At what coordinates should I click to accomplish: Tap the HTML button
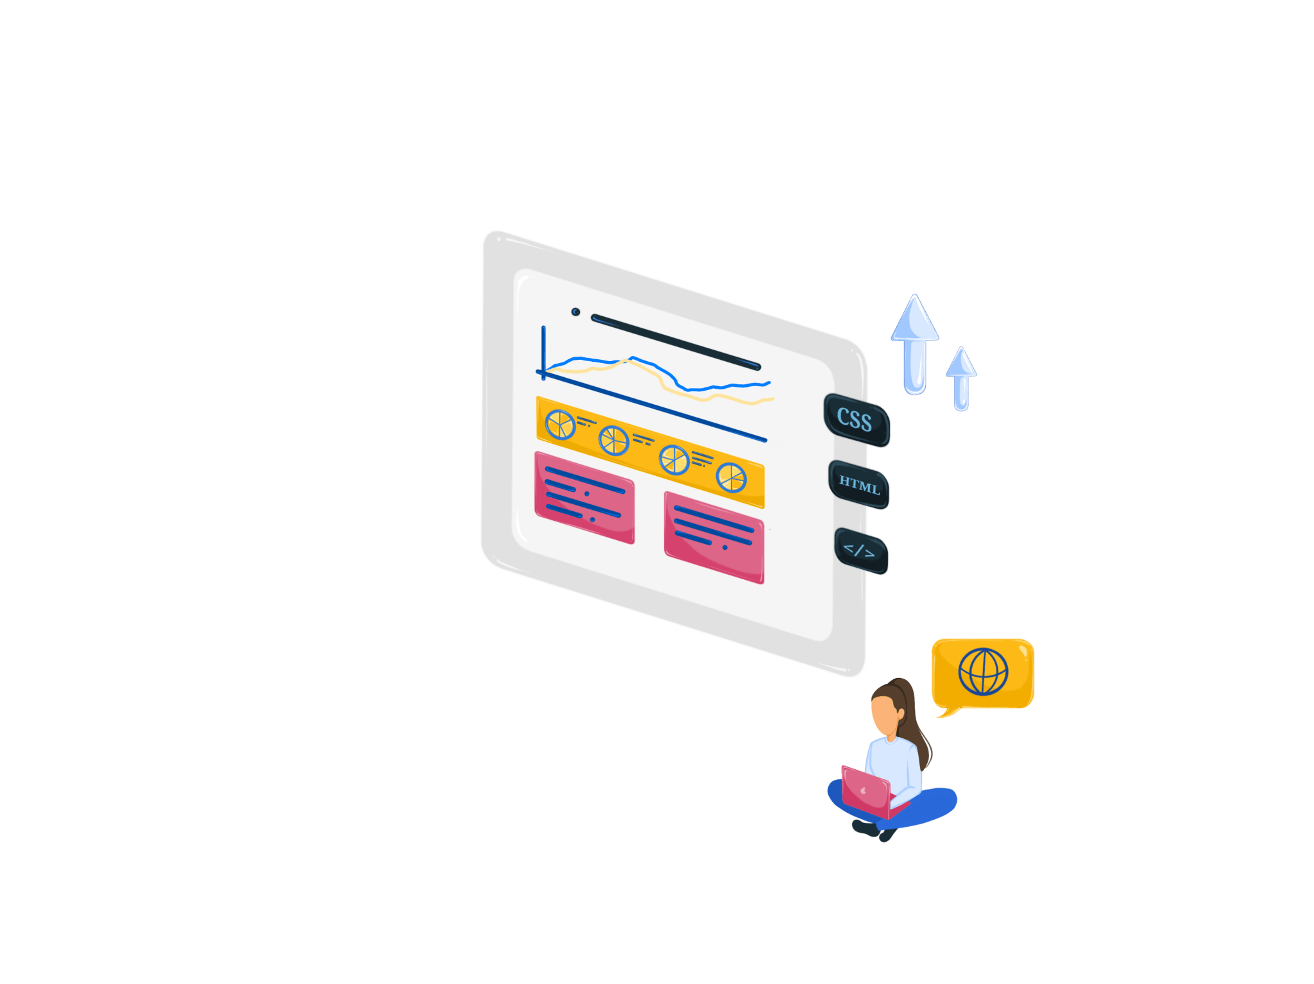pyautogui.click(x=859, y=485)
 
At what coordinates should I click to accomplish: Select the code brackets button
pyautogui.click(x=860, y=551)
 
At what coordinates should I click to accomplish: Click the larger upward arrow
pyautogui.click(x=914, y=343)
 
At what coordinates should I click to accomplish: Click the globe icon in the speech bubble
pyautogui.click(x=983, y=672)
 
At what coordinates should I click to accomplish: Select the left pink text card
pyautogui.click(x=584, y=497)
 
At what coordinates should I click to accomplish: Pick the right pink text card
pyautogui.click(x=713, y=537)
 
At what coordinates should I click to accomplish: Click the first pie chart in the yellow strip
pyautogui.click(x=560, y=425)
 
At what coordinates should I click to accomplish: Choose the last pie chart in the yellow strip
pyautogui.click(x=731, y=477)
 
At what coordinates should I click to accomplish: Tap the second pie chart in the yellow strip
pyautogui.click(x=613, y=441)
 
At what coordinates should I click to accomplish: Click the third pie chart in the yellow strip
pyautogui.click(x=674, y=459)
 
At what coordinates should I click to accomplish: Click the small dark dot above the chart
pyautogui.click(x=576, y=312)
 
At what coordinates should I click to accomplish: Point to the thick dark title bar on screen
pyautogui.click(x=675, y=342)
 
